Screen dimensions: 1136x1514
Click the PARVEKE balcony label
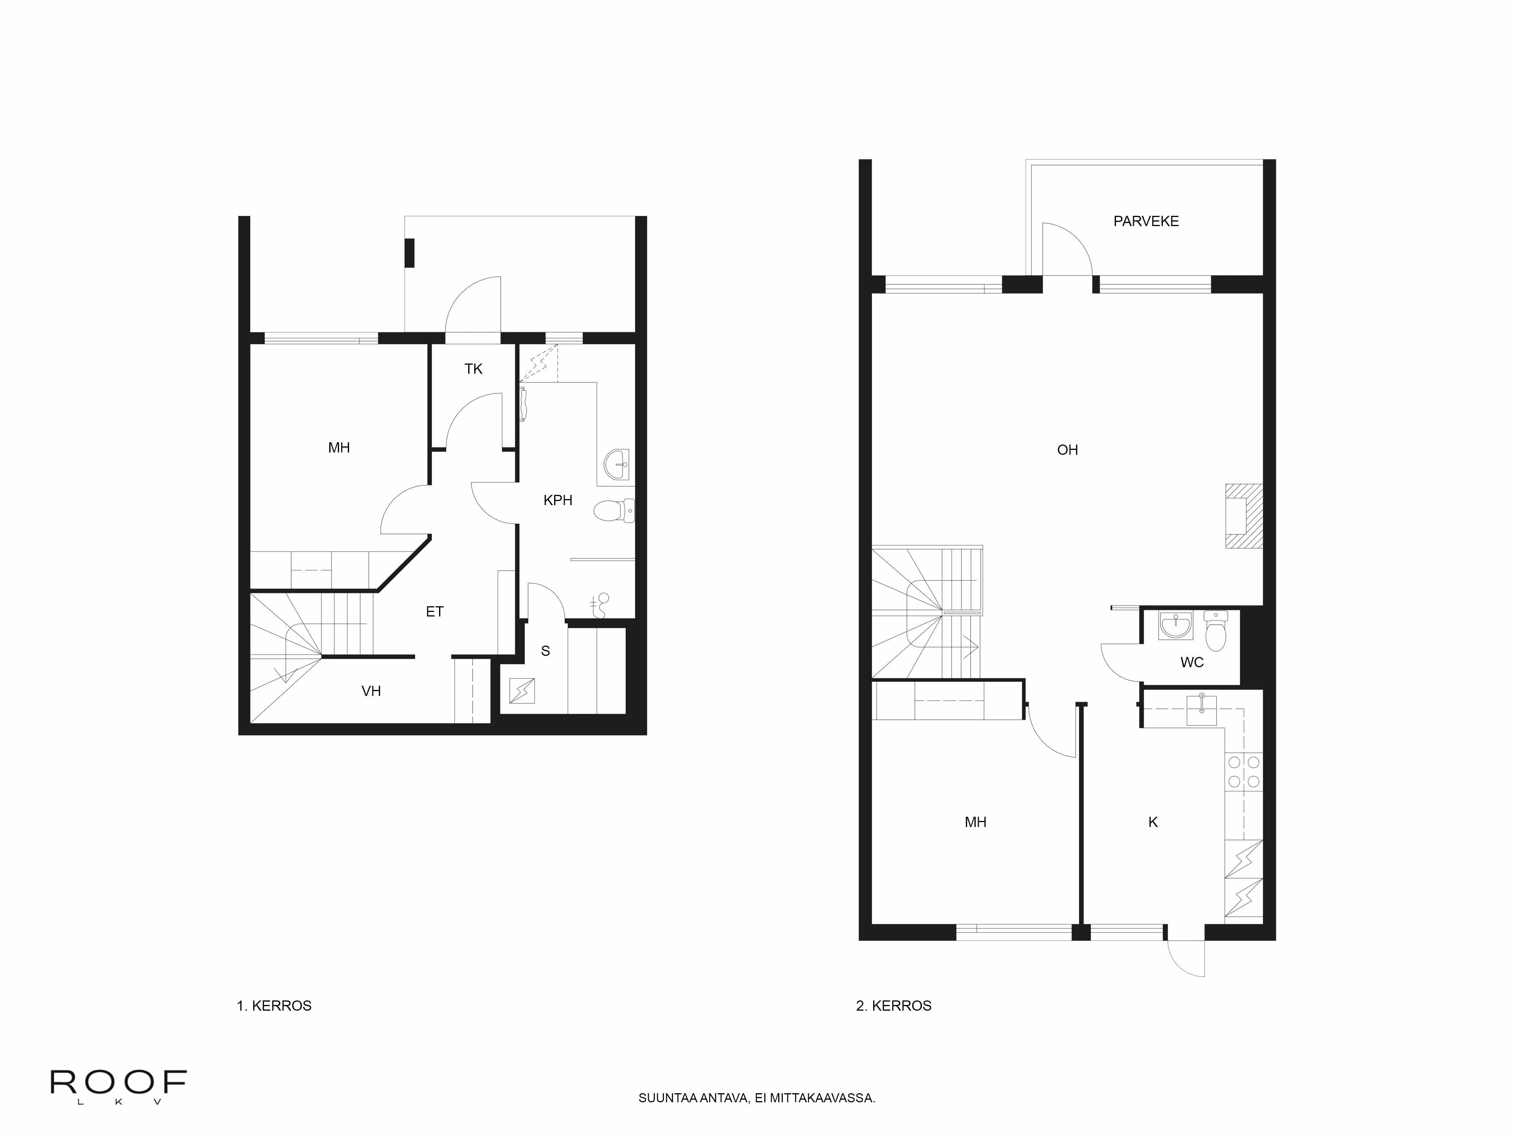pos(1146,221)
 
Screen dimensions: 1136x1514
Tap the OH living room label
pos(1067,450)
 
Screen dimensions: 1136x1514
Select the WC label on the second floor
pos(1192,662)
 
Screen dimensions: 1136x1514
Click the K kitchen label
pos(1153,822)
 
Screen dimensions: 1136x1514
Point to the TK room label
pos(473,369)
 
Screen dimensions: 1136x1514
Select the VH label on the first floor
pos(371,691)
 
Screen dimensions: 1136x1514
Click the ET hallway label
pos(435,612)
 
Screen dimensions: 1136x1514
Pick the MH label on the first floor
pos(339,448)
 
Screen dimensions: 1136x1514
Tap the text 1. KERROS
pos(274,1006)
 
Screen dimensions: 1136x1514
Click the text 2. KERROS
pos(893,1006)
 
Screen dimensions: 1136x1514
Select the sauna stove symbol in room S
pos(522,691)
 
